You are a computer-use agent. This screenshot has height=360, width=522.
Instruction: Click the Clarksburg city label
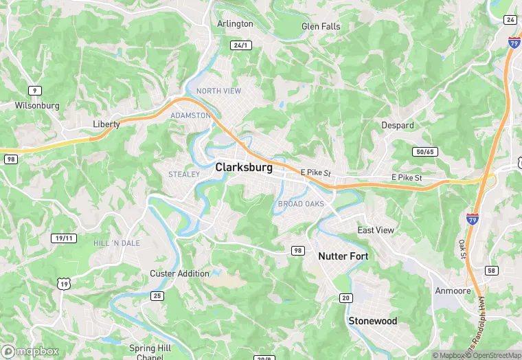click(x=244, y=167)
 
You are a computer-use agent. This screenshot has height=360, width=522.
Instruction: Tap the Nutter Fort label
click(x=343, y=256)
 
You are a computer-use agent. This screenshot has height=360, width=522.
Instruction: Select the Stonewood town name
click(x=373, y=321)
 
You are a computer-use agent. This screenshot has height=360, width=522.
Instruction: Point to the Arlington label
click(x=235, y=23)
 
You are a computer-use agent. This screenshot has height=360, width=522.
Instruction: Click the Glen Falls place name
click(x=321, y=26)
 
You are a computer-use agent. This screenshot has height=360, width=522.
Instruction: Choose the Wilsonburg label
click(x=37, y=106)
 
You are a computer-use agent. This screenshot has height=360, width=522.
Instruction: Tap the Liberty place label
click(x=106, y=124)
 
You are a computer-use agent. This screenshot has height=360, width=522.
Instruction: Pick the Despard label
click(x=398, y=126)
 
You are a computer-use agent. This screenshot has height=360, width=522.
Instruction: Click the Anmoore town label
click(x=453, y=291)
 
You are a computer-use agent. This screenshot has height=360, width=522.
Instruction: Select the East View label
click(x=376, y=230)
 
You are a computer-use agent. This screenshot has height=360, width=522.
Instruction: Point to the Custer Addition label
click(x=180, y=273)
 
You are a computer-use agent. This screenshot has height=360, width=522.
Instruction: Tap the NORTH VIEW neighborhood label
click(x=218, y=91)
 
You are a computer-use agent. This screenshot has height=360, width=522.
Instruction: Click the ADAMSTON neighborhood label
click(x=190, y=115)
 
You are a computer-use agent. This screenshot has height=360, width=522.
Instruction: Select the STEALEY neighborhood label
click(x=184, y=175)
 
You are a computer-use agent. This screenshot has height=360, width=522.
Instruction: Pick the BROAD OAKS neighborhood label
click(x=301, y=204)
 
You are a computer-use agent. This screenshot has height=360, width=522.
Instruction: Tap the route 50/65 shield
click(x=425, y=151)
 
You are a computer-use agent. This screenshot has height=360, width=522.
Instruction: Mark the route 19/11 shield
click(x=63, y=238)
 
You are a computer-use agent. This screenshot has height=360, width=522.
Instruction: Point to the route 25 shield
click(x=157, y=295)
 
